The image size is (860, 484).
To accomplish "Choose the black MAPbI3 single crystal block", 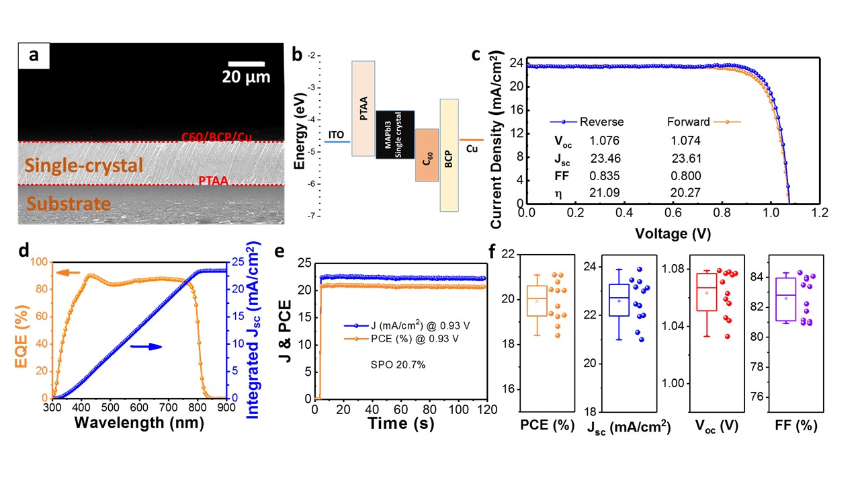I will [394, 134].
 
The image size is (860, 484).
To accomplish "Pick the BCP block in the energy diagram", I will [449, 155].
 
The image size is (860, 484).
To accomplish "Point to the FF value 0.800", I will [686, 176].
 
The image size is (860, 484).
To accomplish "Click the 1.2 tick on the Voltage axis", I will [818, 212].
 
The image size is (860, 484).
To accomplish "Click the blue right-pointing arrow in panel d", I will [146, 346].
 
